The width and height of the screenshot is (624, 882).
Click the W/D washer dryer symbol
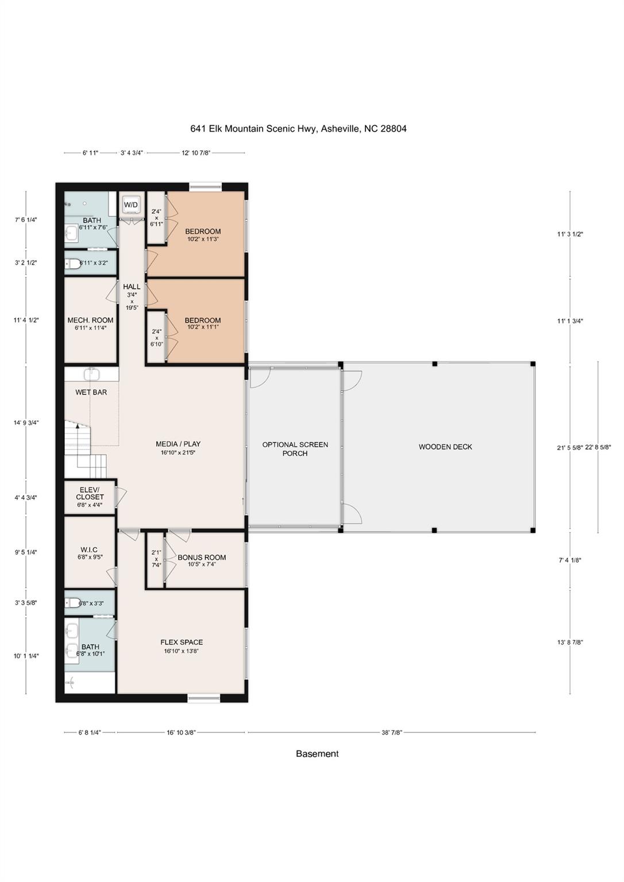131,205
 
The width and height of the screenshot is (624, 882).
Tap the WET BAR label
91,392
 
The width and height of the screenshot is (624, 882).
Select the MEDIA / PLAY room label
178,444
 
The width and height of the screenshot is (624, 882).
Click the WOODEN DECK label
445,447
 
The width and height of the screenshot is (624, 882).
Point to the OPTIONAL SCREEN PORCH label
295,449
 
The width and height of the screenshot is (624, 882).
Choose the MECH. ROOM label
90,320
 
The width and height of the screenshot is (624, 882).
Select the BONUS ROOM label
202,558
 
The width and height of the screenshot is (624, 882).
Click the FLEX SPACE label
182,643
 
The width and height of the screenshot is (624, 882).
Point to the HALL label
132,287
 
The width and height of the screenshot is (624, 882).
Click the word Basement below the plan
317,754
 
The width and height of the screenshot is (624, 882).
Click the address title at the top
298,129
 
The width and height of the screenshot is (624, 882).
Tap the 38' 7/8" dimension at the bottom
392,733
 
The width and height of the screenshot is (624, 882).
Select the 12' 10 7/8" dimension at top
196,153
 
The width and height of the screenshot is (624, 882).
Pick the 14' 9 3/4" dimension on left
26,423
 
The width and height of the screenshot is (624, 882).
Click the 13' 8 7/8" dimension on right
570,643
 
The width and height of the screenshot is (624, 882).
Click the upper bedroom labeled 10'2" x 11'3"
202,235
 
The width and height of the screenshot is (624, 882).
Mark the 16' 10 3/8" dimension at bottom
182,733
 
